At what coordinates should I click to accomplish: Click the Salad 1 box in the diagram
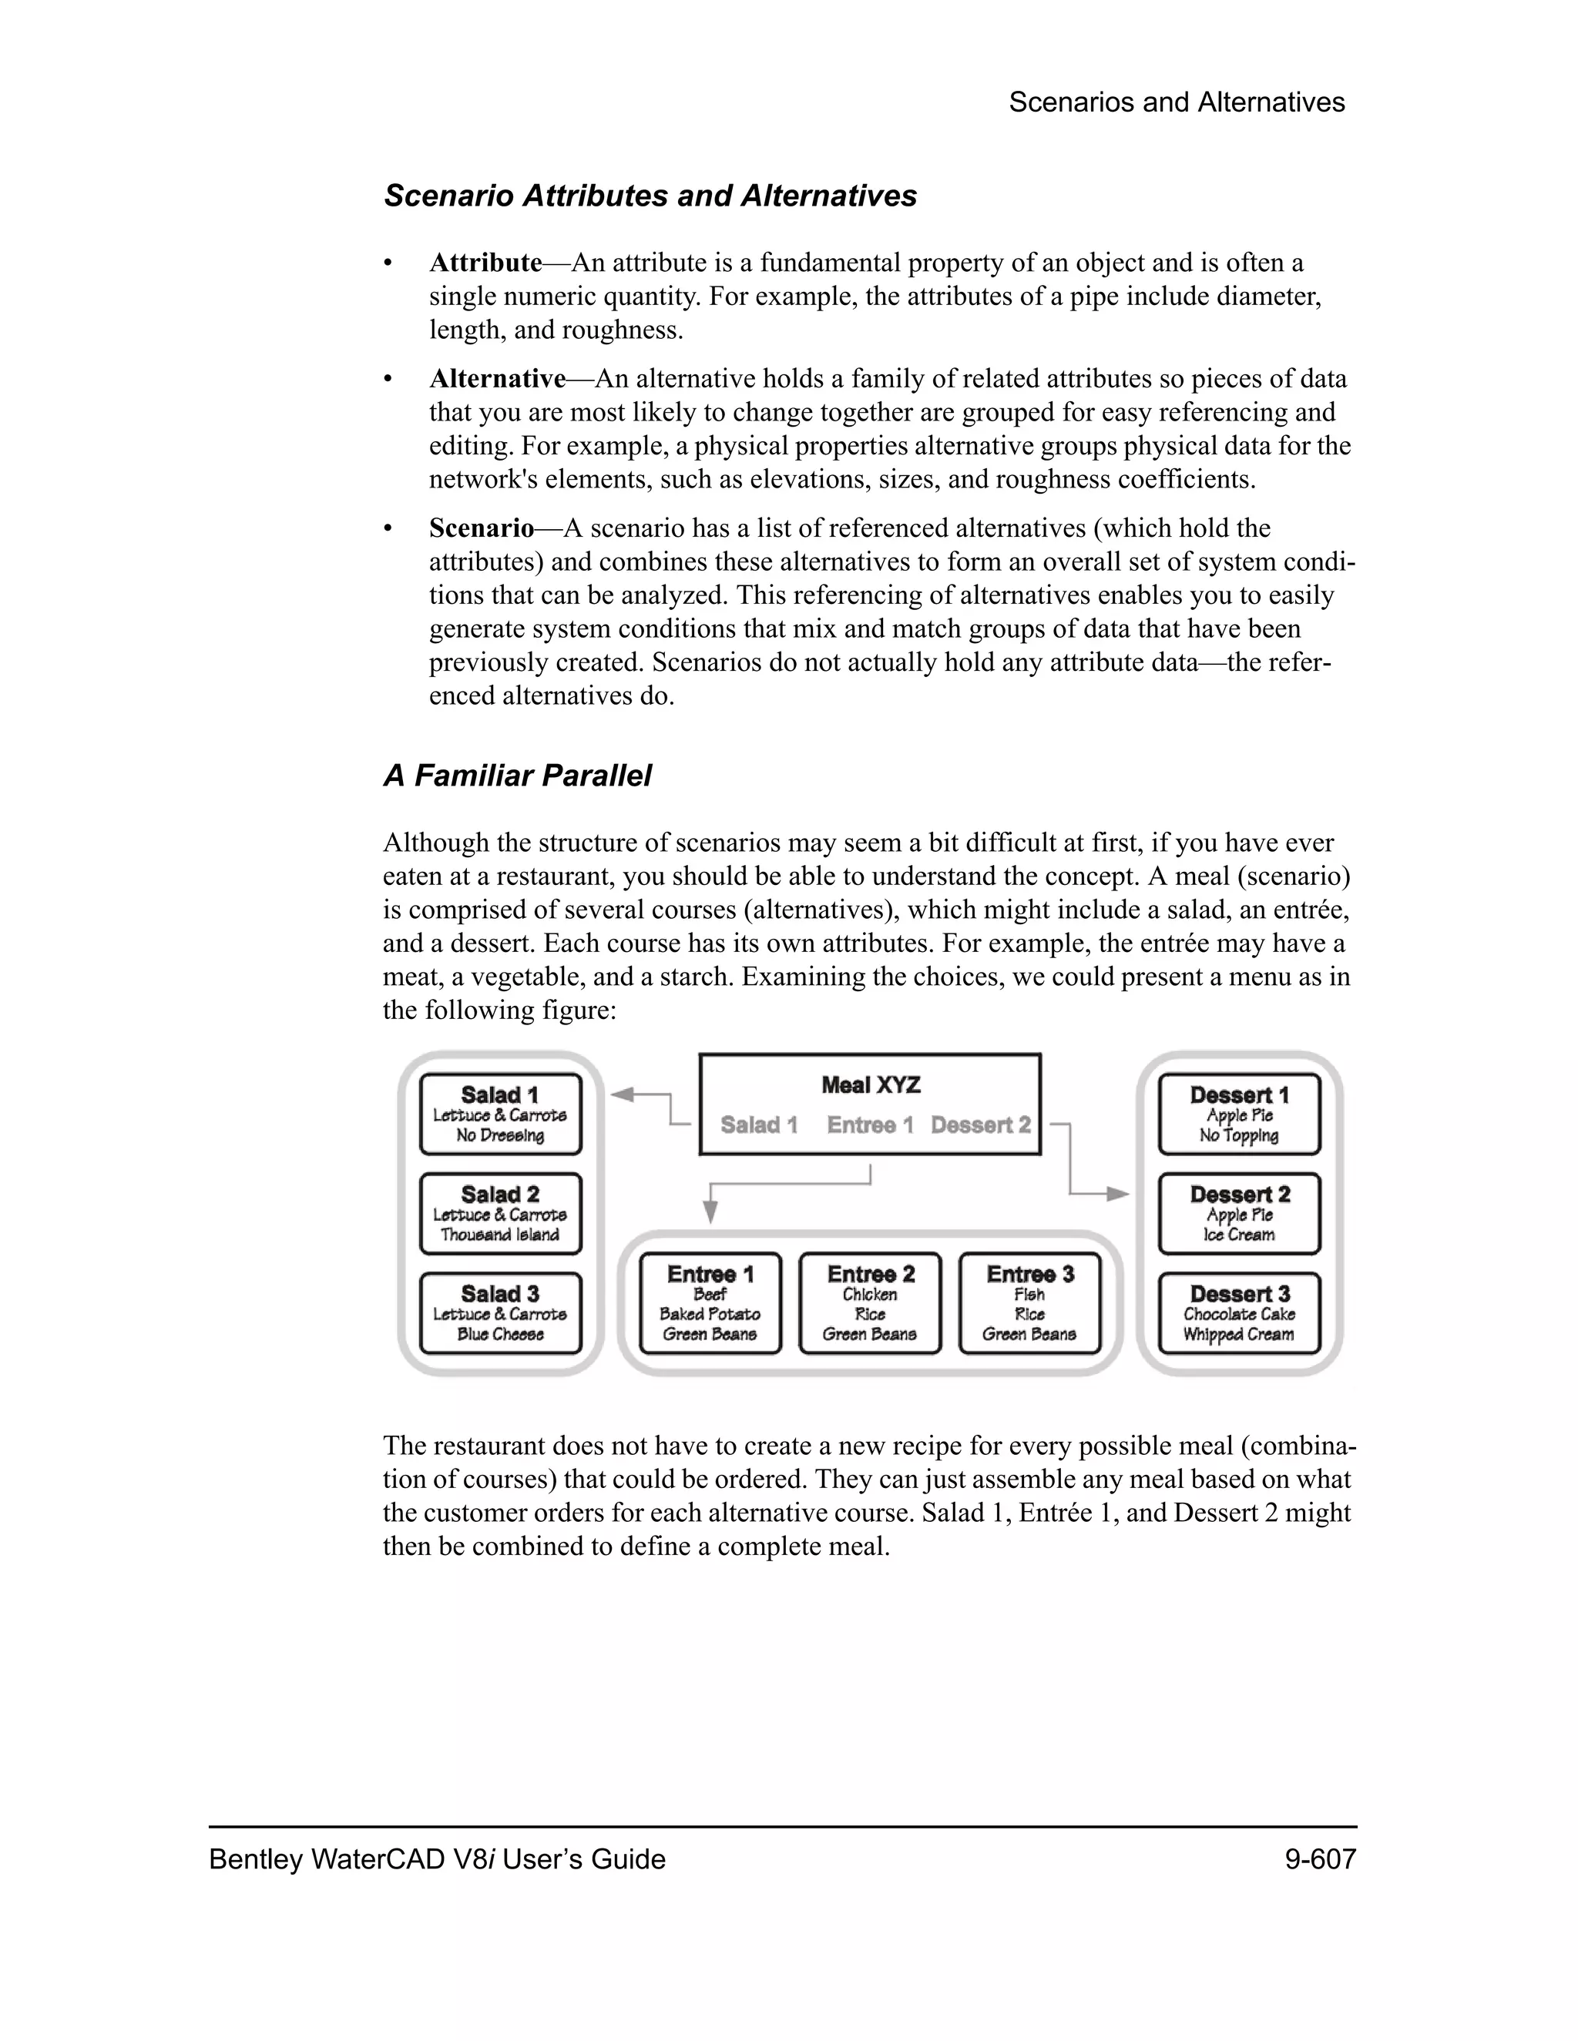click(500, 1114)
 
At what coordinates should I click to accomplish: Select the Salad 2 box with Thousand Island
click(500, 1214)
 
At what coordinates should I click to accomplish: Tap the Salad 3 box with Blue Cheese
click(500, 1313)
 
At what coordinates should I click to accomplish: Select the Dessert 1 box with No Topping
click(1240, 1114)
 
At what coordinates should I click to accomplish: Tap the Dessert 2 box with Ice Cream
click(1240, 1214)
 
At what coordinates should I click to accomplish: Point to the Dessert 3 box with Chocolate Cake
click(1240, 1313)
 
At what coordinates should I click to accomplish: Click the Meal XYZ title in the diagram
click(871, 1085)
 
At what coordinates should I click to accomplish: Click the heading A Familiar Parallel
click(517, 776)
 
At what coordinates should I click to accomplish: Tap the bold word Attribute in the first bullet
click(485, 263)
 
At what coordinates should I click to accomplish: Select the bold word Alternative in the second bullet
click(497, 378)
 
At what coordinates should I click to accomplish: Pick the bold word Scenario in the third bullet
click(482, 528)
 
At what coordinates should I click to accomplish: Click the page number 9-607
click(1320, 1858)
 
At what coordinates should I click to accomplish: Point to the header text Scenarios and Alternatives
click(1176, 102)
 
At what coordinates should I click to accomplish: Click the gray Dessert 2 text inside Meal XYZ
click(981, 1125)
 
